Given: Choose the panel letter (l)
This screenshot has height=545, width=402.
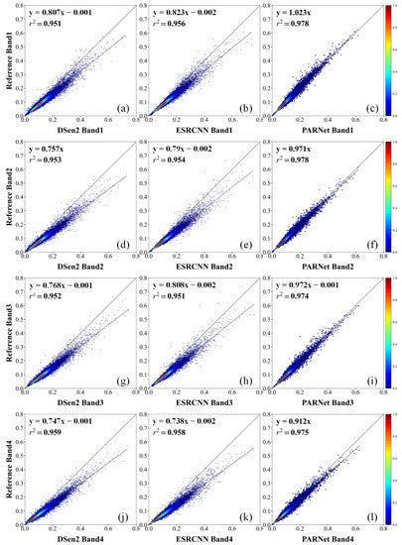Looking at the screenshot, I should point(353,512).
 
